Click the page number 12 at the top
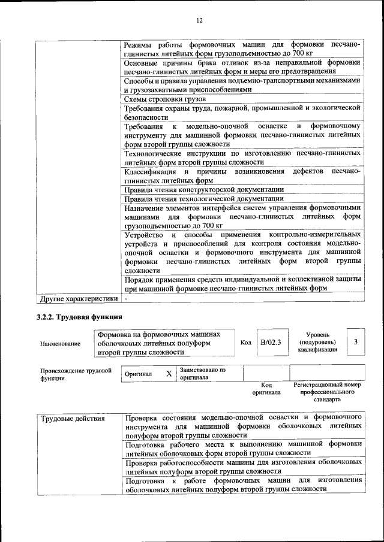(x=199, y=20)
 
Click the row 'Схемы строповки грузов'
(x=165, y=99)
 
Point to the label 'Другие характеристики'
(x=78, y=298)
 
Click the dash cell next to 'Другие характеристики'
(x=126, y=298)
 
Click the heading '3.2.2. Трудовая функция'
(x=79, y=317)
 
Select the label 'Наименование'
(x=60, y=344)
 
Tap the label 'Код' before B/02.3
(x=245, y=342)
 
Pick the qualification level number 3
(x=356, y=342)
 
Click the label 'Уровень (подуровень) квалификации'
(x=317, y=342)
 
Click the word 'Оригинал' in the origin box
(x=138, y=374)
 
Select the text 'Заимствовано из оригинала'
(x=202, y=374)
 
